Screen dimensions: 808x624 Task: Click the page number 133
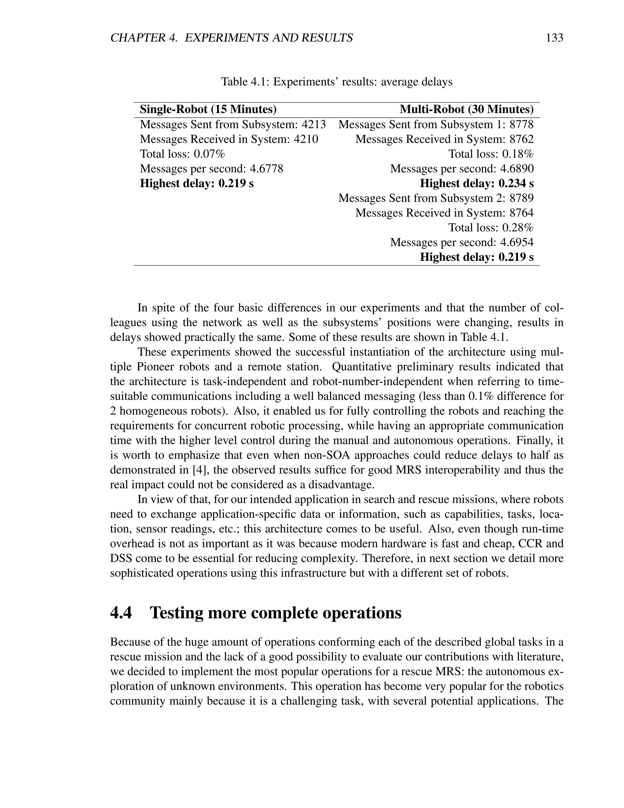tap(554, 38)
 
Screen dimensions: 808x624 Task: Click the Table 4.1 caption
tap(336, 81)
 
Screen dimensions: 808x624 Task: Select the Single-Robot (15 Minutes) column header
tap(208, 109)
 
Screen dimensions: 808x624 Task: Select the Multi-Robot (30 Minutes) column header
tap(466, 109)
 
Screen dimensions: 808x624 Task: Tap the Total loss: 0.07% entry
tap(182, 154)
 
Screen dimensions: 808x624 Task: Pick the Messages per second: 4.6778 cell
tap(211, 169)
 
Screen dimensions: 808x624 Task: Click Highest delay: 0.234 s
tap(477, 184)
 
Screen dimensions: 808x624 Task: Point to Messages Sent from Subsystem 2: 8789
tap(436, 198)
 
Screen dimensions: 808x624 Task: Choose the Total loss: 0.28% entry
tap(491, 227)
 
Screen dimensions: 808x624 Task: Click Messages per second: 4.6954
tap(462, 242)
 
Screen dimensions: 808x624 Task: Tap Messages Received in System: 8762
tap(444, 139)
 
